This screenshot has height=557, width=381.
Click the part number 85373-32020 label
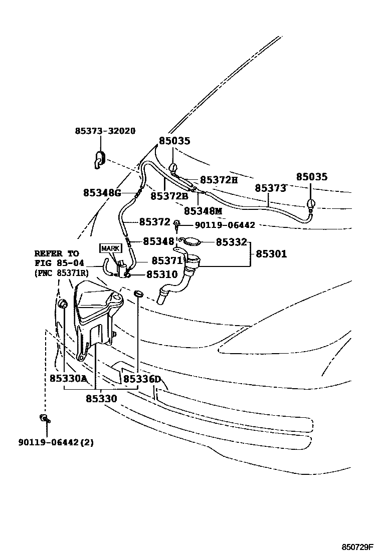(105, 131)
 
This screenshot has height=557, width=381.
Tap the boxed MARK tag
(111, 248)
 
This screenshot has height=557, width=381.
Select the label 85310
(162, 274)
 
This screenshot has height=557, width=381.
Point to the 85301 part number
(271, 254)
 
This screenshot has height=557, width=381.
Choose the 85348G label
(102, 193)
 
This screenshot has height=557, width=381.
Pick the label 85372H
(219, 180)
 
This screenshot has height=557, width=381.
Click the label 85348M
(203, 211)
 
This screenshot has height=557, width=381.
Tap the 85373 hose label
(270, 188)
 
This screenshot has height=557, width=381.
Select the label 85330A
(68, 379)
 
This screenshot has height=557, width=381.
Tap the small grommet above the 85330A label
(64, 304)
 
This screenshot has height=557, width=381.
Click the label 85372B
(169, 196)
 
